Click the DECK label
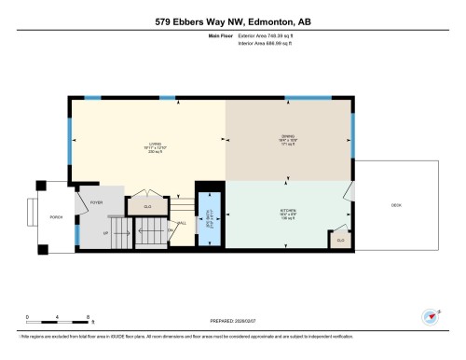(395, 205)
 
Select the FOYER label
(95, 201)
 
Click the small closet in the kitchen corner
(341, 240)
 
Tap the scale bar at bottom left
(58, 320)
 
